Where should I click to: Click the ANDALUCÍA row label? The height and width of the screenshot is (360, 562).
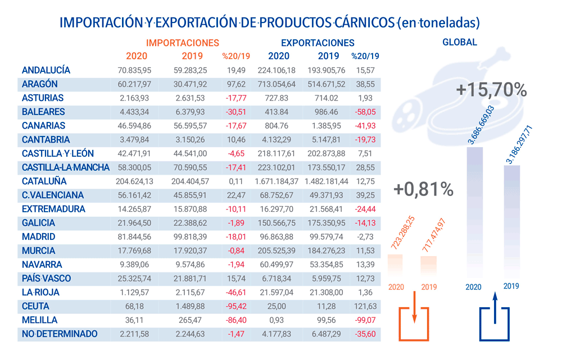[x=46, y=70]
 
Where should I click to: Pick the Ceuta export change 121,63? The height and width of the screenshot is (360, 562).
[x=365, y=306]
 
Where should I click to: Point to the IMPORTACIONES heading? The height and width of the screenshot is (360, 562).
[x=183, y=43]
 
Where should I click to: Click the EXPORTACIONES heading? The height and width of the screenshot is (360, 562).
[x=318, y=43]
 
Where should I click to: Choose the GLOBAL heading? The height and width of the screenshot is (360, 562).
[x=460, y=42]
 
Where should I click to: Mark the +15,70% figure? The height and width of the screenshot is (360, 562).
[x=492, y=90]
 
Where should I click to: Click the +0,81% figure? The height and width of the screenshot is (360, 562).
[x=423, y=190]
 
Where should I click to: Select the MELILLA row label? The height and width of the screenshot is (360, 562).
[x=39, y=320]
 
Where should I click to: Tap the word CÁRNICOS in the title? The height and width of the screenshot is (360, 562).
[x=364, y=23]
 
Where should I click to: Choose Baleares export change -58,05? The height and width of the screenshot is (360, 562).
[x=365, y=112]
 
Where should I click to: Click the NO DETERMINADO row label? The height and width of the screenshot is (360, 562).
[x=60, y=334]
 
